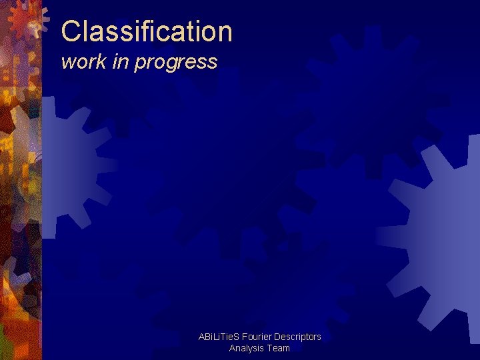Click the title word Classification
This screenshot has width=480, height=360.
(147, 31)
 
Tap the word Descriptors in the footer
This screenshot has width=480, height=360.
(299, 337)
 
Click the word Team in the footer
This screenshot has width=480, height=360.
(279, 348)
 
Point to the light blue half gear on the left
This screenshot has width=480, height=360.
(67, 167)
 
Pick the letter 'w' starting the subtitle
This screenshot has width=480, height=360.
(67, 63)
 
